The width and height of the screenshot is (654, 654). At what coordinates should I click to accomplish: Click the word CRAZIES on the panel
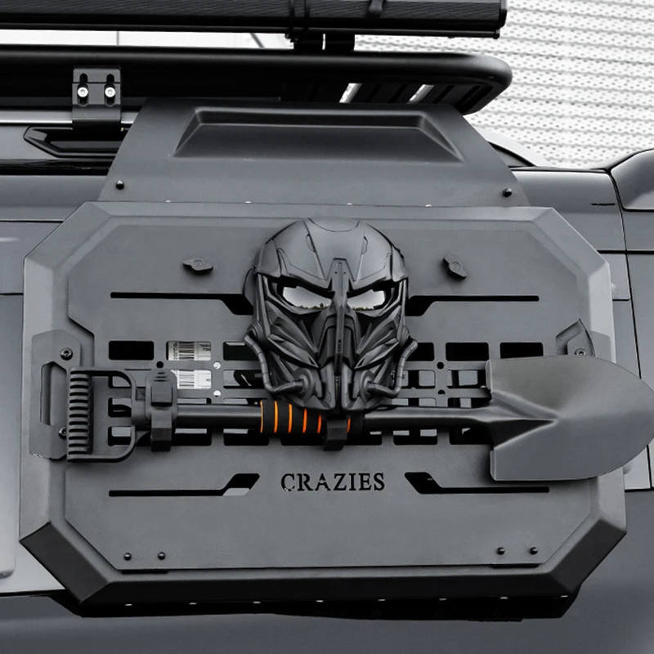click(333, 482)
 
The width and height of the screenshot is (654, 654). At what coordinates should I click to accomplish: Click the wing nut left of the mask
click(198, 266)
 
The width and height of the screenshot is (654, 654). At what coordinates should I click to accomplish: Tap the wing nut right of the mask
click(455, 267)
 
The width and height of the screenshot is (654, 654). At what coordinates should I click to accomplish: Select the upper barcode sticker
click(189, 351)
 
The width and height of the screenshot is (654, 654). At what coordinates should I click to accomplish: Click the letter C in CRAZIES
click(288, 482)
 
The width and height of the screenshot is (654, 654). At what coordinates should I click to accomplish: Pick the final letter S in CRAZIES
click(379, 482)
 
